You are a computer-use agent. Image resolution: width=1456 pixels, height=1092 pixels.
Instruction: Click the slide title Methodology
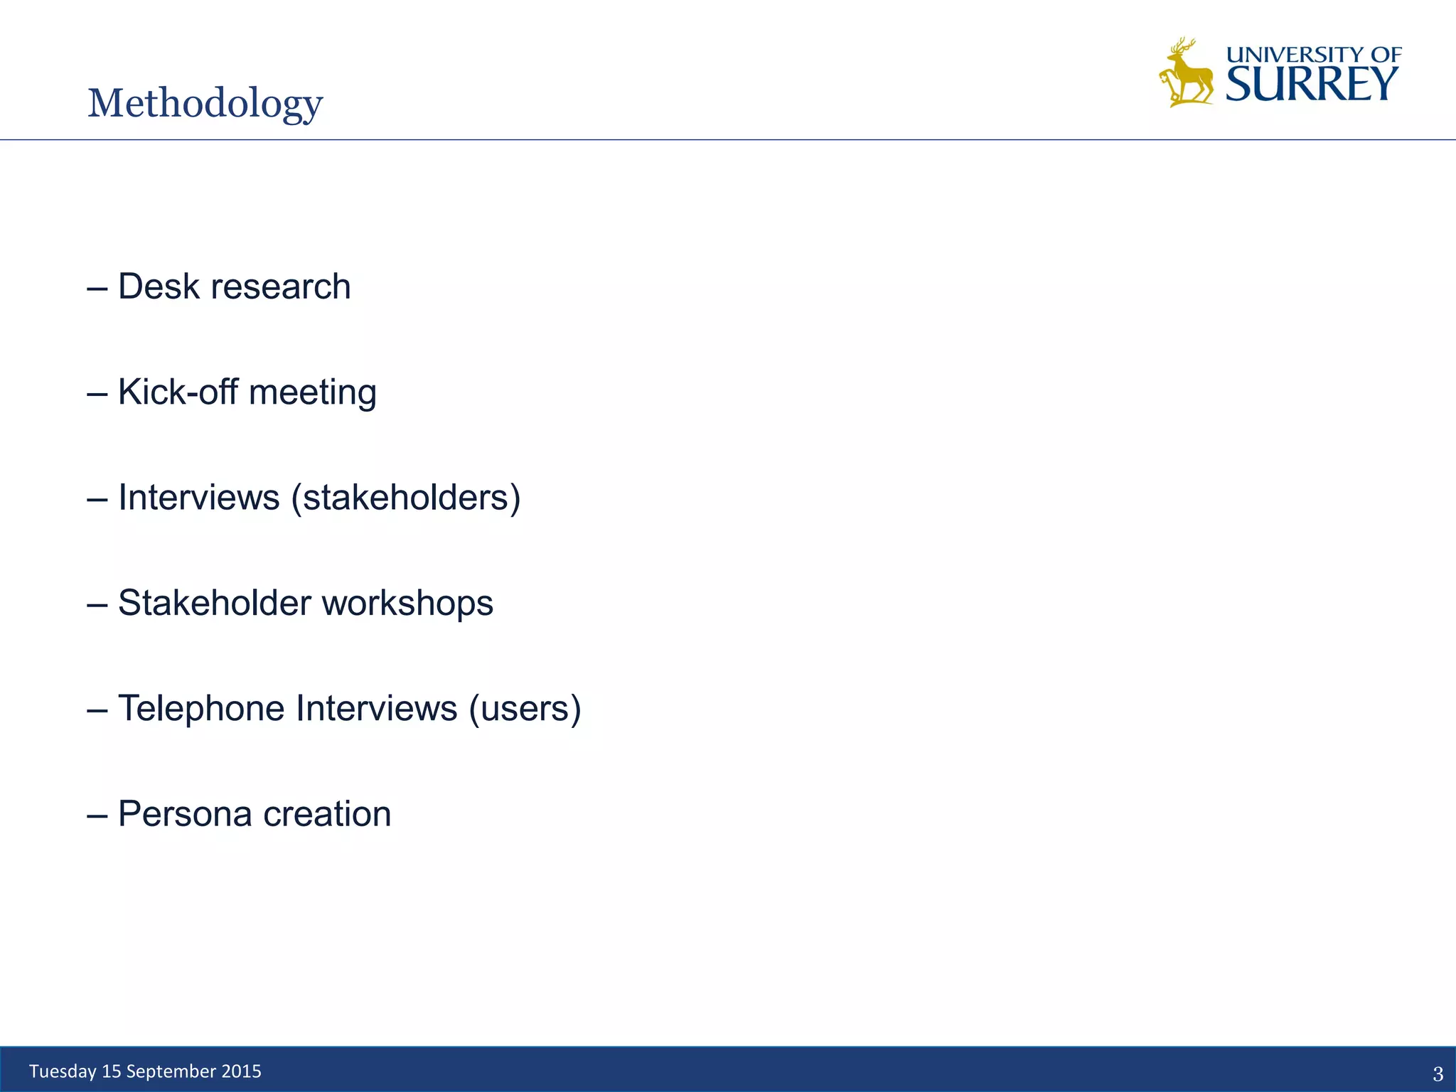tap(205, 104)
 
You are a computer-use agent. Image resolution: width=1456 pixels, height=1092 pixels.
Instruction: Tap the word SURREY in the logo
tap(1312, 85)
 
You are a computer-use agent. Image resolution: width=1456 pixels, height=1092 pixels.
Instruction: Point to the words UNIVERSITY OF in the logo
tap(1314, 54)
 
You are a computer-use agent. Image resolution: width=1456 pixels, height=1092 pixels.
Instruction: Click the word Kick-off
tap(178, 392)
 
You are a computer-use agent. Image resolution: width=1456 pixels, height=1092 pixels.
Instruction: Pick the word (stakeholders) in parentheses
tap(406, 498)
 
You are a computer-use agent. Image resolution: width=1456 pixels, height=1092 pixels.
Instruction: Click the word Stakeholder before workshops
tap(215, 603)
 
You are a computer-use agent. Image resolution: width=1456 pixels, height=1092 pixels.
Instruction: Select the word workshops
tap(407, 603)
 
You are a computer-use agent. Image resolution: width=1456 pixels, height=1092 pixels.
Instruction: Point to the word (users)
tap(525, 709)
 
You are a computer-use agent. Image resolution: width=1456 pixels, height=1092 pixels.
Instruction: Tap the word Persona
tap(185, 814)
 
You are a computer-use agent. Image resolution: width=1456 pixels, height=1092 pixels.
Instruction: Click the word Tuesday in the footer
tap(63, 1071)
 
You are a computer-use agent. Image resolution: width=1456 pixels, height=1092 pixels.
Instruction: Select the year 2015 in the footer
tap(241, 1071)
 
